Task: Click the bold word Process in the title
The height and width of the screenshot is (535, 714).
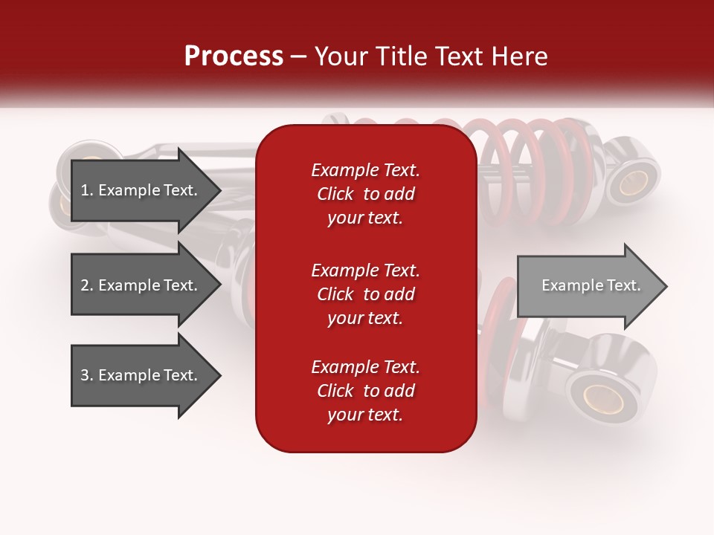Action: coord(234,56)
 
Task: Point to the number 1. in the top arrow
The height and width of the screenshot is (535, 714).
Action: coord(87,190)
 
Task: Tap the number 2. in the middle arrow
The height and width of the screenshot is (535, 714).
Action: coord(87,285)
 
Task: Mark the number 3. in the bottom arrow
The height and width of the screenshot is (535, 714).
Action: coord(87,375)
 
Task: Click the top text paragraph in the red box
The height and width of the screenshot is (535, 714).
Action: coord(365,194)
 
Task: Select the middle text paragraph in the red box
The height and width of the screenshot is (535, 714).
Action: coord(365,294)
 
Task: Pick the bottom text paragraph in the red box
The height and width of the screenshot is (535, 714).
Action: coord(365,391)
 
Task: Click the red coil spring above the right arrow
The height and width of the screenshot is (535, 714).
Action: coord(535,171)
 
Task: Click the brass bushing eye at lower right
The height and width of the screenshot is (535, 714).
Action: coord(602,398)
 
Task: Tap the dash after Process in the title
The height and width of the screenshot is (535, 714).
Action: coord(298,57)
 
